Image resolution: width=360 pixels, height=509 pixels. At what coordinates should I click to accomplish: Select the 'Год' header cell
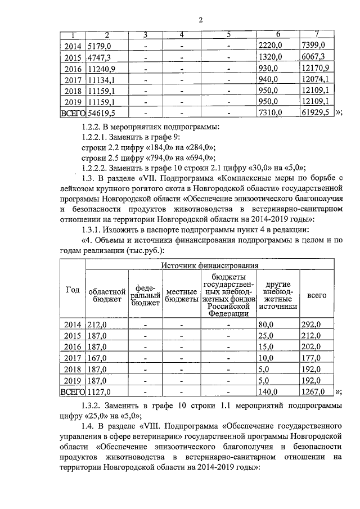coord(73,290)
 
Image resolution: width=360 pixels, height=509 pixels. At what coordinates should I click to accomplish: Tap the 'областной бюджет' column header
coord(106,296)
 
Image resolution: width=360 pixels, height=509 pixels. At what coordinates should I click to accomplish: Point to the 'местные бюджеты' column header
coord(182,296)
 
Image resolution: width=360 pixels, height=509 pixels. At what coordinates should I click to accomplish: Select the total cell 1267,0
coord(313,392)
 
